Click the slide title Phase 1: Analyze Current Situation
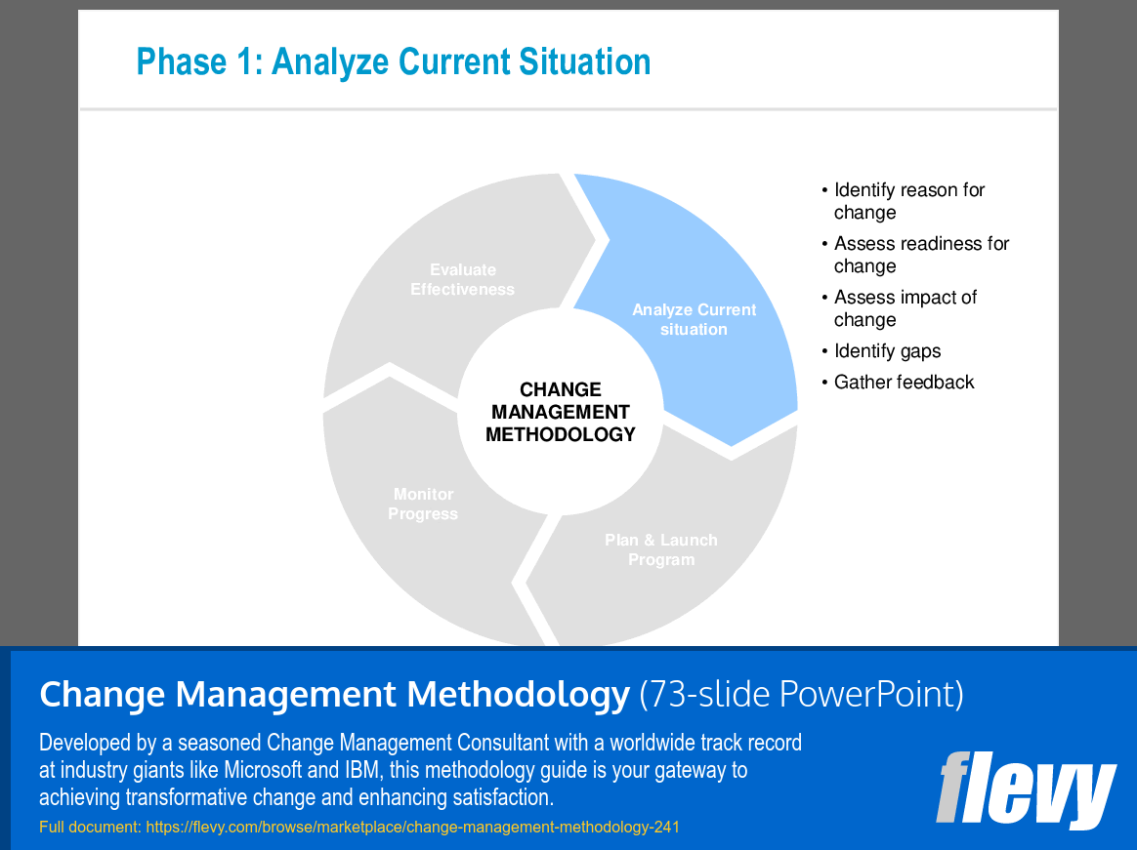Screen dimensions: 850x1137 tap(393, 61)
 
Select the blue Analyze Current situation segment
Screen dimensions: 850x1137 tap(694, 320)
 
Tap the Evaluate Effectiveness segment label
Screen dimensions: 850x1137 tap(462, 279)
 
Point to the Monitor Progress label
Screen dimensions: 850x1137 tap(423, 505)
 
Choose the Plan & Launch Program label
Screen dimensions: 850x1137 tap(661, 549)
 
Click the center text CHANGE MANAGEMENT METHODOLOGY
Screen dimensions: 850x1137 tap(560, 412)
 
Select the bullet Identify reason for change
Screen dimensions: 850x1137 tap(908, 201)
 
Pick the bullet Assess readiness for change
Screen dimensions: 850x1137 tap(920, 255)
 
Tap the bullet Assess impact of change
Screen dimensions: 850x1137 tap(905, 308)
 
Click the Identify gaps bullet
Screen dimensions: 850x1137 tap(887, 351)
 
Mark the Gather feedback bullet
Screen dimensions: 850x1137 tap(904, 383)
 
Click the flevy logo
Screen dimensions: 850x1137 tap(1026, 789)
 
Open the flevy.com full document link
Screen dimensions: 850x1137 tap(412, 828)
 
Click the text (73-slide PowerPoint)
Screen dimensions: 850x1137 tap(801, 695)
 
